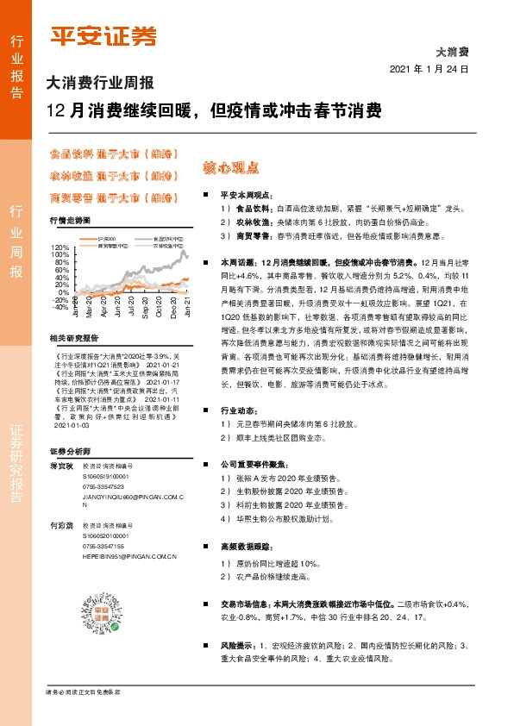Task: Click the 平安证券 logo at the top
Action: click(103, 35)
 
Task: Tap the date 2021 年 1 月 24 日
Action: click(429, 69)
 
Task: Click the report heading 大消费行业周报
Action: click(99, 84)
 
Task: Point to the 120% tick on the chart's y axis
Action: click(60, 247)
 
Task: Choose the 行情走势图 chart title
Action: click(70, 221)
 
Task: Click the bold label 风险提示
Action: click(239, 645)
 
